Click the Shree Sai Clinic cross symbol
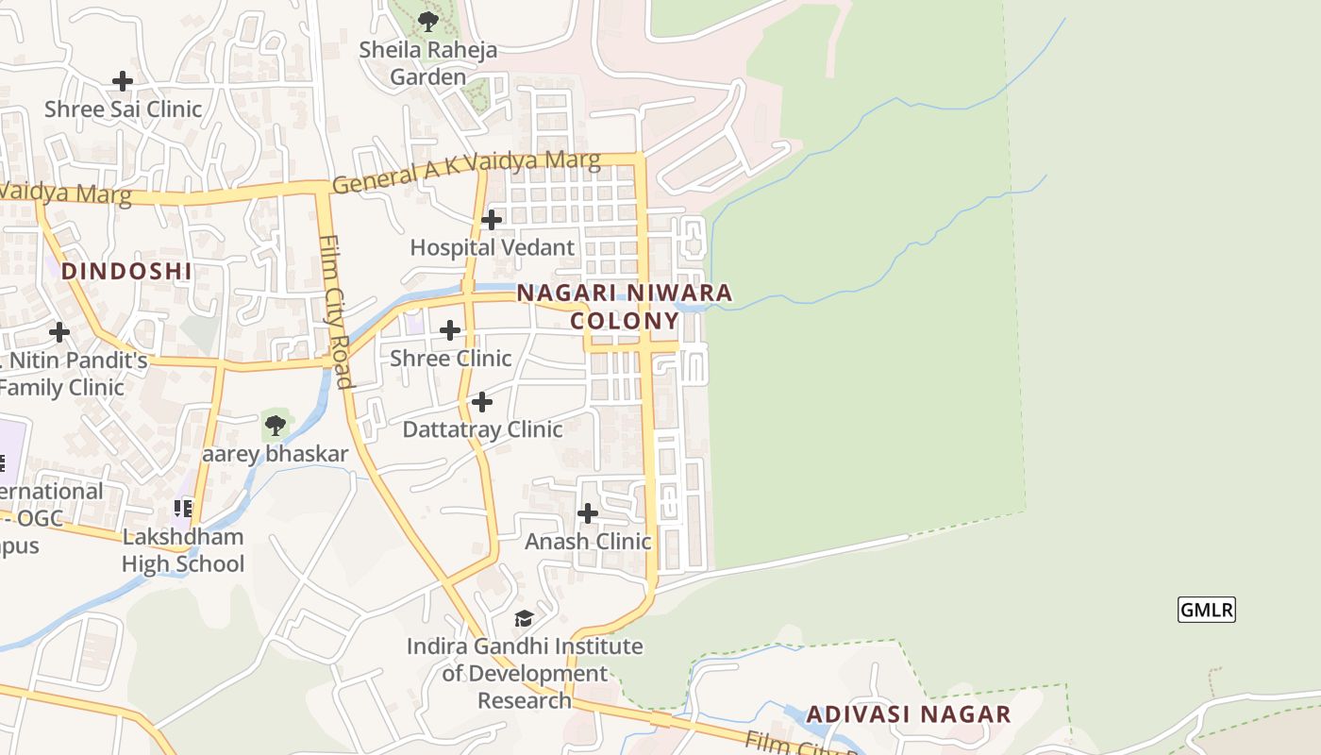point(123,81)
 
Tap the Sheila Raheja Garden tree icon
point(428,21)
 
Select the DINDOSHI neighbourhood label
point(126,272)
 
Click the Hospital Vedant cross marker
point(492,220)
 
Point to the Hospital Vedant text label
point(492,247)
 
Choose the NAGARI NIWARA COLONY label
point(625,307)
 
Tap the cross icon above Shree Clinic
point(450,330)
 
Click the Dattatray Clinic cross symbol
point(482,402)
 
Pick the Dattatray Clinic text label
point(482,429)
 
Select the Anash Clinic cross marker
point(588,513)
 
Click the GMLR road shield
point(1207,610)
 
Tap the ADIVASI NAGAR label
point(909,714)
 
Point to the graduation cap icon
point(524,619)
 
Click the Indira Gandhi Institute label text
point(525,673)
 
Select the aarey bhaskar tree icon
point(275,426)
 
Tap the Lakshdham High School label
point(183,550)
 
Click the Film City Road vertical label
point(336,311)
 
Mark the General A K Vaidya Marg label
point(466,171)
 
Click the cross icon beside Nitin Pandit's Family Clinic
point(59,332)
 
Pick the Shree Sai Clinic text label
point(123,109)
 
